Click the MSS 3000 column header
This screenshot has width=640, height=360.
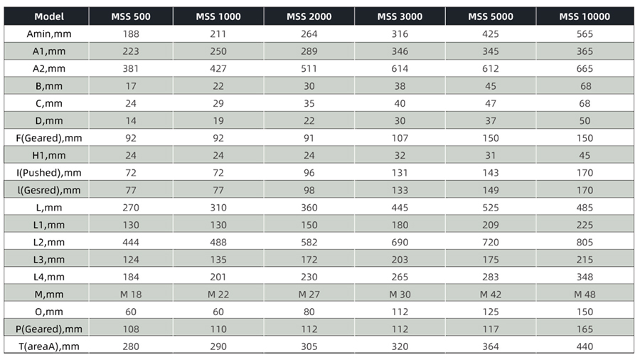point(400,17)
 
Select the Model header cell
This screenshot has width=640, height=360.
point(49,17)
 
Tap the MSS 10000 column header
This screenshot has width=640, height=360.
point(585,17)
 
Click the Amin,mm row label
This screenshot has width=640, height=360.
point(49,34)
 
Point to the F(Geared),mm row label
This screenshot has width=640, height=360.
point(49,138)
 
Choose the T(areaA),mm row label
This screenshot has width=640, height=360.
point(49,346)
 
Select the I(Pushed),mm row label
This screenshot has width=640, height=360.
point(49,173)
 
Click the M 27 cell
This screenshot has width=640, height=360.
point(309,295)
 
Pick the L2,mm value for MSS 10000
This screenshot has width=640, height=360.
point(585,243)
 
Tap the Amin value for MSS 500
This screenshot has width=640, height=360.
point(131,34)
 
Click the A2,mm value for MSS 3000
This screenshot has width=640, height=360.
point(400,68)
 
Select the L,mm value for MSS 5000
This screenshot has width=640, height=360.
point(490,208)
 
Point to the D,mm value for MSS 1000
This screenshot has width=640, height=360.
point(218,121)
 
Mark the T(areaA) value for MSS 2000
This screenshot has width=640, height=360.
point(309,346)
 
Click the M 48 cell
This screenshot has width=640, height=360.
point(585,295)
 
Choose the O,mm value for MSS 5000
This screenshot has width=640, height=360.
point(490,312)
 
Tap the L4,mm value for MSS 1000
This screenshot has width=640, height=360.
point(218,277)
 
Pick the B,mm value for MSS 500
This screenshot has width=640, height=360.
point(131,86)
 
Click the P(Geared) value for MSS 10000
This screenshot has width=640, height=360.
point(585,329)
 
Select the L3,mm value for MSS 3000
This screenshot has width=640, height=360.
point(400,260)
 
